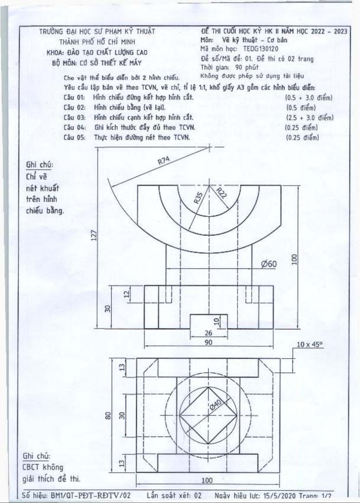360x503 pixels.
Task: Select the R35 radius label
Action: point(198,198)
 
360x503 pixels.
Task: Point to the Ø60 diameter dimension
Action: point(269,264)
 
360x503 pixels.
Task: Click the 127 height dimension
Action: point(94,235)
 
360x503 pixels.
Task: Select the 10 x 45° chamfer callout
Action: point(309,345)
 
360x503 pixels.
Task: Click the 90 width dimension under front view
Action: point(208,342)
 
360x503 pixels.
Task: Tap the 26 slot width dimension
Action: point(208,333)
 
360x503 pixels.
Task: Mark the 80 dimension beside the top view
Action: point(109,415)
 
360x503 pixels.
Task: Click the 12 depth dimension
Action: point(127,294)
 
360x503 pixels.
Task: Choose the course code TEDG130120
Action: point(261,49)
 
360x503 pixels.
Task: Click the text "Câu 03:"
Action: point(75,117)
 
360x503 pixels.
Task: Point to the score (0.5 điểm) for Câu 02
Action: point(301,108)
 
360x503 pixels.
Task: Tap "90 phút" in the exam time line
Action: point(247,67)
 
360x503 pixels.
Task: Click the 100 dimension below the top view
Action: point(207,480)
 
